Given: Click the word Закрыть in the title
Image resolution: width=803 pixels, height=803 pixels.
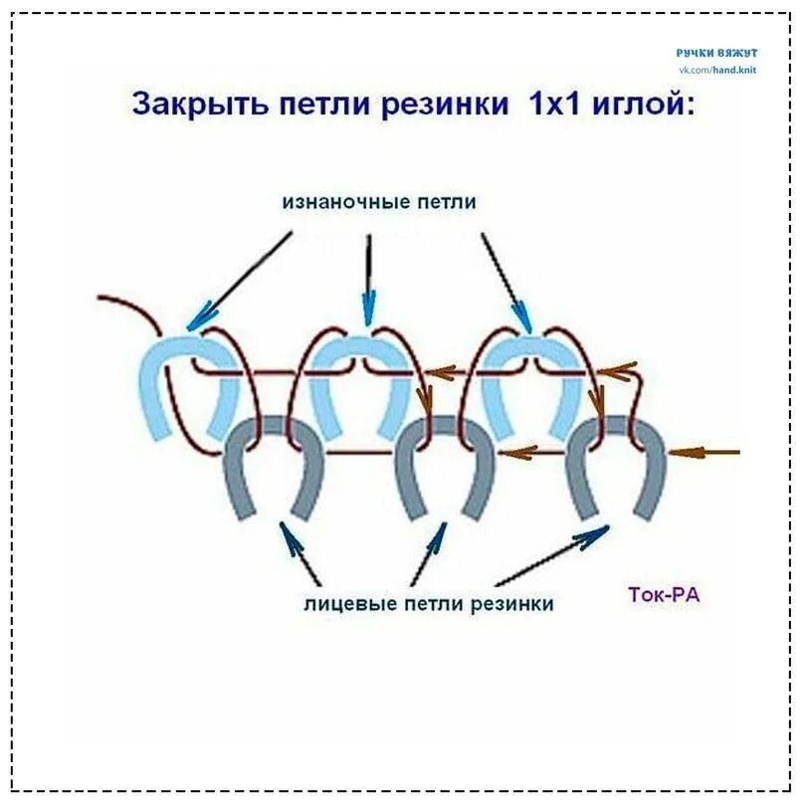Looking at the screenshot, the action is click(x=187, y=104).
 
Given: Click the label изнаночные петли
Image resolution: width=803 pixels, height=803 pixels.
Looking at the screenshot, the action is click(x=379, y=201).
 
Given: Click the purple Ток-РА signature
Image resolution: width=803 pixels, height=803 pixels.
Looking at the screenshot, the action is click(x=664, y=596).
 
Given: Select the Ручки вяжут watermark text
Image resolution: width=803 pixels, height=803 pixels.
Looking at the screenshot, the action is click(x=717, y=52).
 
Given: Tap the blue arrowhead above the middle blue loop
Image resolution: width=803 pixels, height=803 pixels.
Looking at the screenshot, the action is click(x=369, y=310).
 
